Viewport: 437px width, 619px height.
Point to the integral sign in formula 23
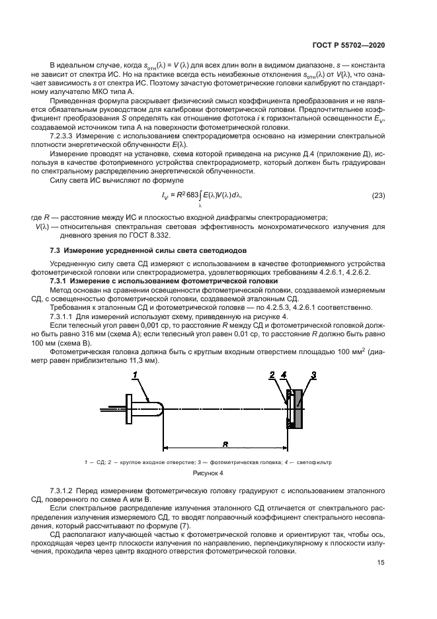200,196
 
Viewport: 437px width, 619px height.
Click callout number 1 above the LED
136,375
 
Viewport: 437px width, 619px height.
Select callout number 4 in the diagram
285,375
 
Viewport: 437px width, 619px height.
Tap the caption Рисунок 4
208,474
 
